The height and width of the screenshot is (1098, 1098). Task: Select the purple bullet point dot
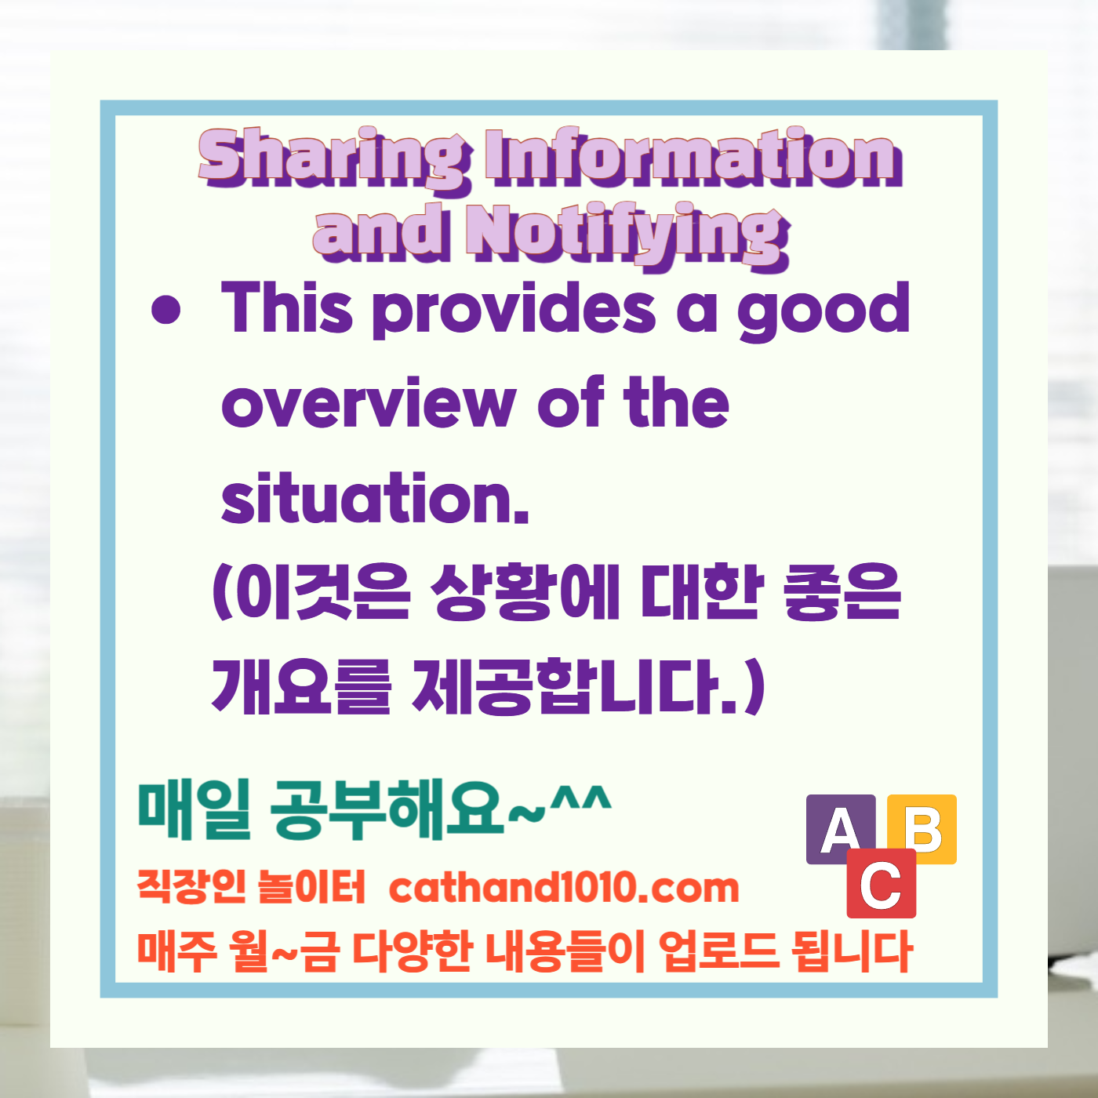click(x=165, y=309)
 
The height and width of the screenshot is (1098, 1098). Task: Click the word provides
click(x=514, y=311)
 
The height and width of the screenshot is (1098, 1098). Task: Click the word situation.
click(x=375, y=499)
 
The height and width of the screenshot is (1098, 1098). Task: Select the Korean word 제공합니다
click(x=576, y=687)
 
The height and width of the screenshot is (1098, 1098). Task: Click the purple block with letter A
click(x=839, y=828)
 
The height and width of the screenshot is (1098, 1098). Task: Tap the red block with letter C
click(x=881, y=884)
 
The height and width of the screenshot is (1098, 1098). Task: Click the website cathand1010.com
click(x=564, y=888)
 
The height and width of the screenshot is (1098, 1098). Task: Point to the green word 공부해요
click(x=387, y=809)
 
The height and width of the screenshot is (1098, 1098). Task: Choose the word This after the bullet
click(x=287, y=309)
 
